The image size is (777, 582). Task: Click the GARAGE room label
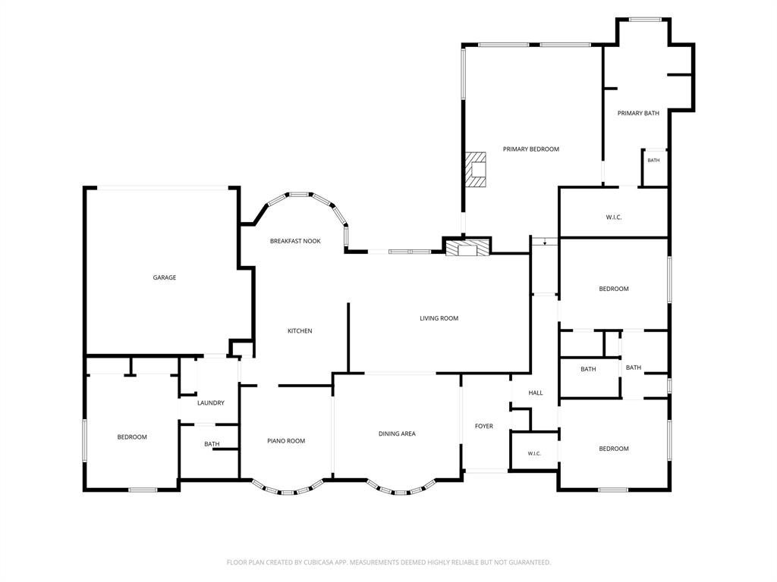point(164,277)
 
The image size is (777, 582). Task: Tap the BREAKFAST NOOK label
point(295,241)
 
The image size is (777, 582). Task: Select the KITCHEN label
point(300,330)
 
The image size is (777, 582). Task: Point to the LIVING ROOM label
point(439,318)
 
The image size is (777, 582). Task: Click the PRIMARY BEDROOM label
point(530,149)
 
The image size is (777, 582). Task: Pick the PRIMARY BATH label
point(638,114)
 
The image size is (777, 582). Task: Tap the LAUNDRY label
point(211,403)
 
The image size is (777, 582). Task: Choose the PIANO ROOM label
point(286,441)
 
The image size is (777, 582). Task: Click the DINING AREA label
point(397,433)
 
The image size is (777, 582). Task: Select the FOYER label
point(483,426)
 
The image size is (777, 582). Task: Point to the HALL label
point(535,393)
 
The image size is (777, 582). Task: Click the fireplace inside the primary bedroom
point(475,169)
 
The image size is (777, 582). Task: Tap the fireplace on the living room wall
point(467,248)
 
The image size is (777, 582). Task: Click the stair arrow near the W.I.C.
point(545,242)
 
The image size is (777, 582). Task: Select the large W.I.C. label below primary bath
point(613,217)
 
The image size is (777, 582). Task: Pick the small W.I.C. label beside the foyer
point(534,454)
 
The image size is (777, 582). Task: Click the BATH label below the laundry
point(212,444)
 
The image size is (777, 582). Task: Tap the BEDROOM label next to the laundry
point(132,437)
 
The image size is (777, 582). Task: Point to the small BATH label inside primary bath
point(653,161)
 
